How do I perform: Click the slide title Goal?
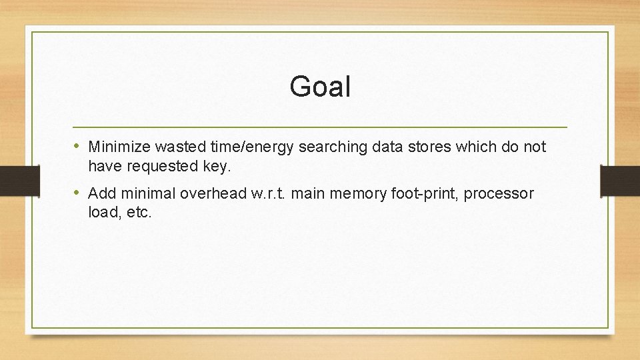coord(320,87)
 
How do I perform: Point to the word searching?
coord(331,147)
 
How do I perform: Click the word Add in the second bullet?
coord(101,194)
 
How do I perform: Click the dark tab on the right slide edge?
coord(620,180)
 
